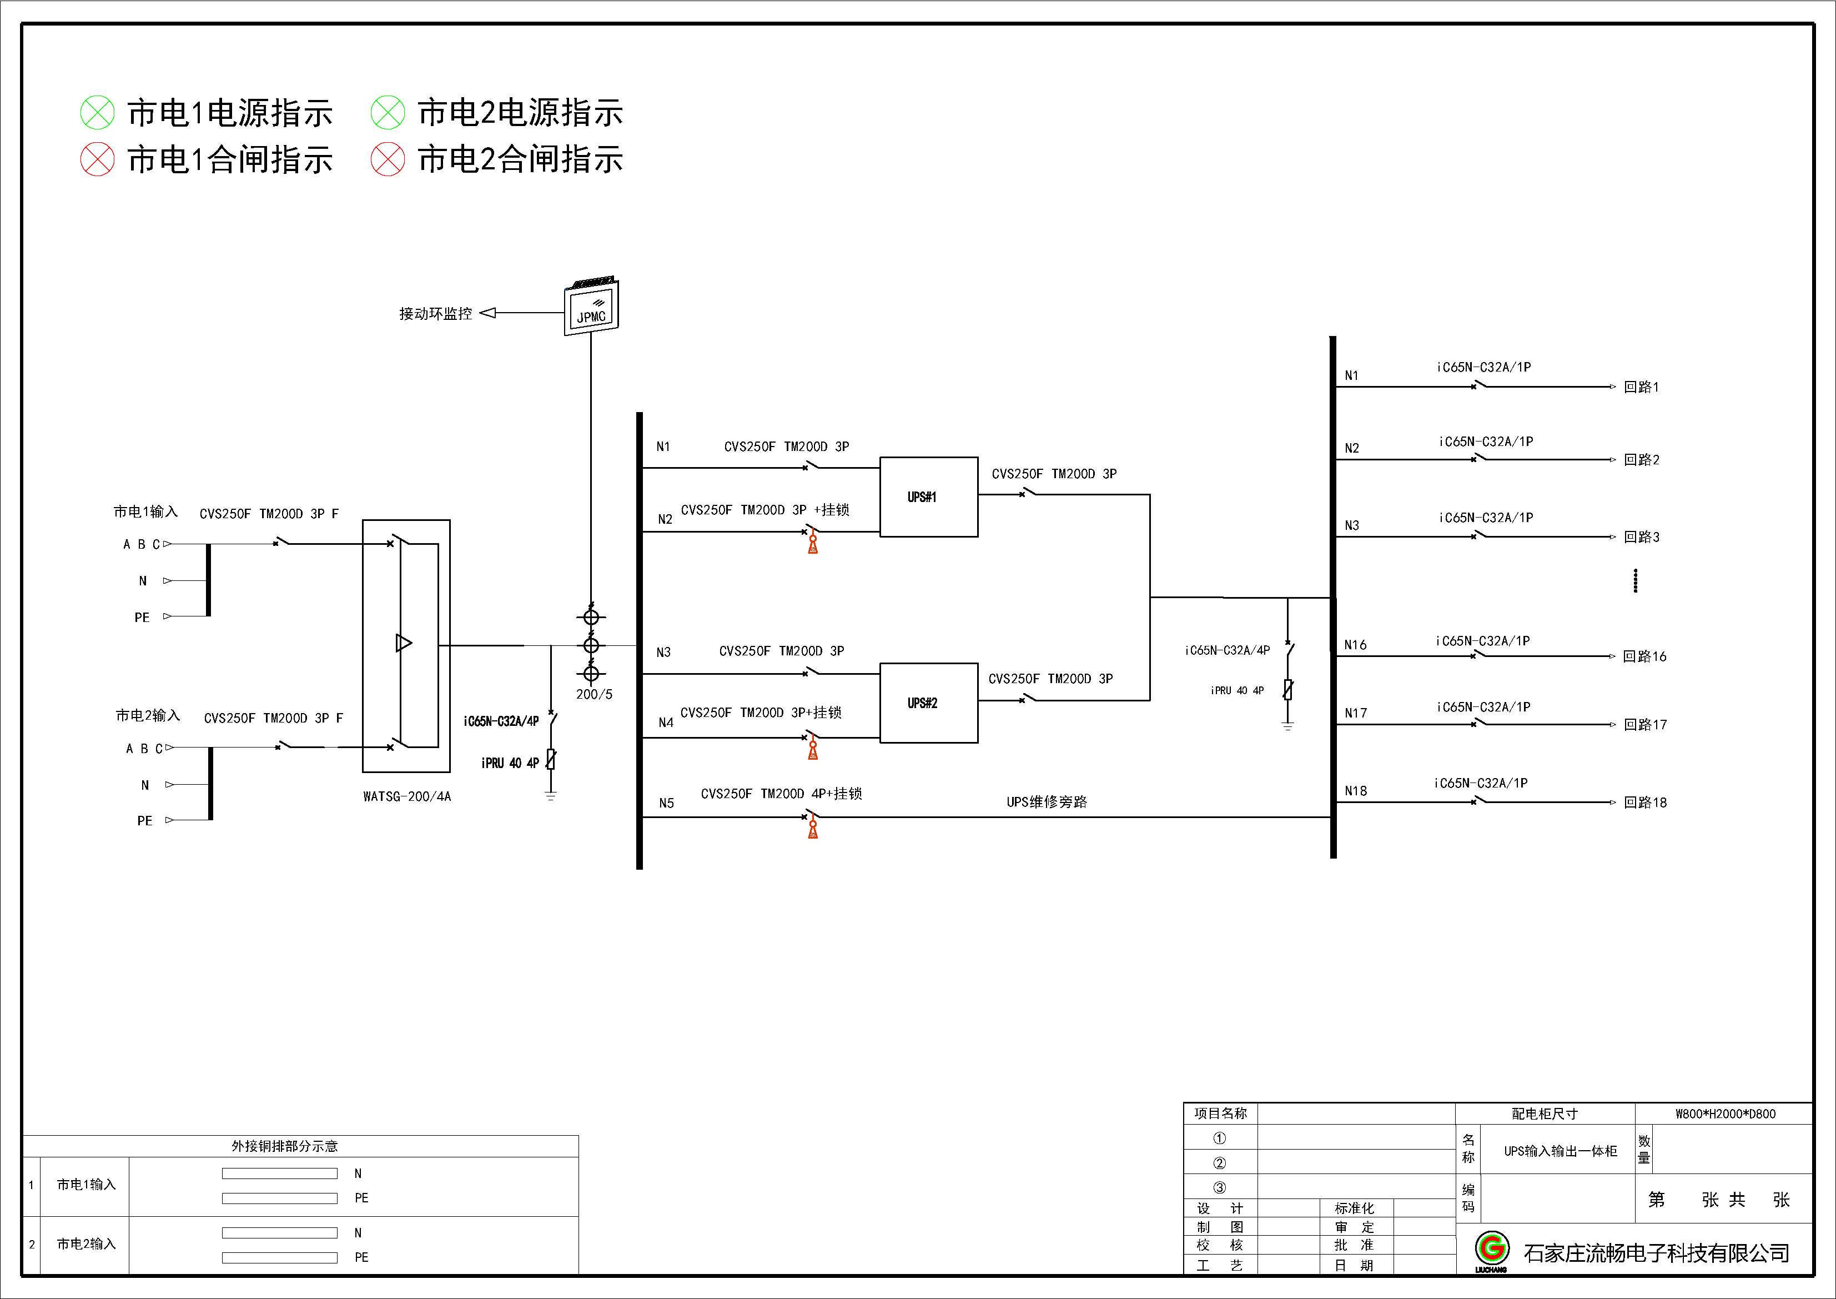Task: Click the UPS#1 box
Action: pyautogui.click(x=928, y=496)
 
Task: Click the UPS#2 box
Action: pyautogui.click(x=928, y=703)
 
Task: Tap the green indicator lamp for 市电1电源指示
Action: pyautogui.click(x=98, y=113)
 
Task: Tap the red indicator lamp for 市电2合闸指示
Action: pyautogui.click(x=388, y=159)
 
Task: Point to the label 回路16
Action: pyautogui.click(x=1645, y=656)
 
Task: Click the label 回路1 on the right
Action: pyautogui.click(x=1642, y=387)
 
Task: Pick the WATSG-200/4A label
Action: pyautogui.click(x=407, y=797)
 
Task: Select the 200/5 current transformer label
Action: pyautogui.click(x=594, y=694)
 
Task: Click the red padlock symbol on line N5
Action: pyautogui.click(x=812, y=830)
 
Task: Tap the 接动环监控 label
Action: pyautogui.click(x=436, y=314)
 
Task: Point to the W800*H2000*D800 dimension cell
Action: pyautogui.click(x=1725, y=1114)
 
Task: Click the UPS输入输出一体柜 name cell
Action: pyautogui.click(x=1560, y=1151)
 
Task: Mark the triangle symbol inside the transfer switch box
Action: pyautogui.click(x=404, y=643)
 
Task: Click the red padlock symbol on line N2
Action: pyautogui.click(x=812, y=545)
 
